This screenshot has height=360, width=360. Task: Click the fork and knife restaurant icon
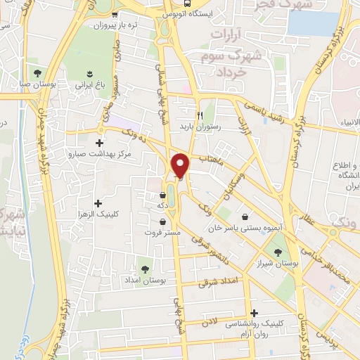click(x=200, y=115)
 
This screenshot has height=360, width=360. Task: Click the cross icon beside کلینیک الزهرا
click(x=98, y=203)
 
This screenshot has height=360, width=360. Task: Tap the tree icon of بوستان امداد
click(x=145, y=269)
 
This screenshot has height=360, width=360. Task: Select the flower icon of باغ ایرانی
click(x=89, y=73)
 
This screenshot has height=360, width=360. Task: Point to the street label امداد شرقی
click(x=219, y=282)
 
